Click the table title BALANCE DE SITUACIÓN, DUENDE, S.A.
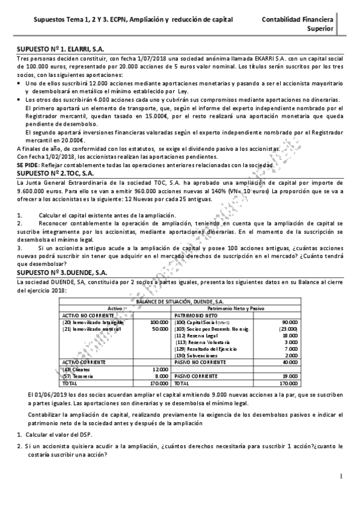coord(180,300)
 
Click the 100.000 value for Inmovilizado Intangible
coord(159,322)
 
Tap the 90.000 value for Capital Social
coord(290,322)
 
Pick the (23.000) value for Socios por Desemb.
coord(288,330)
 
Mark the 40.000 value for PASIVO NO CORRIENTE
coord(290,362)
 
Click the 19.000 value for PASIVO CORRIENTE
coord(290,376)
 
